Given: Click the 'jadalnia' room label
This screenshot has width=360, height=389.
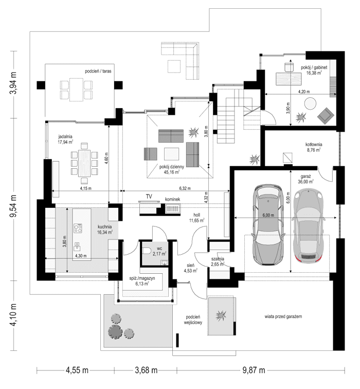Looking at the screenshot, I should (x=65, y=137).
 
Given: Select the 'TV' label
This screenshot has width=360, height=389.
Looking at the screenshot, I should (x=149, y=197).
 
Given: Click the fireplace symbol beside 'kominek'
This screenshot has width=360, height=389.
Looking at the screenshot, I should (x=172, y=208).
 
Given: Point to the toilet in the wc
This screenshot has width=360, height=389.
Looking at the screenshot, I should (x=148, y=251).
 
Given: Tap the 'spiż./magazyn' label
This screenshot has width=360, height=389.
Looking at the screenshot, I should (x=139, y=280).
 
